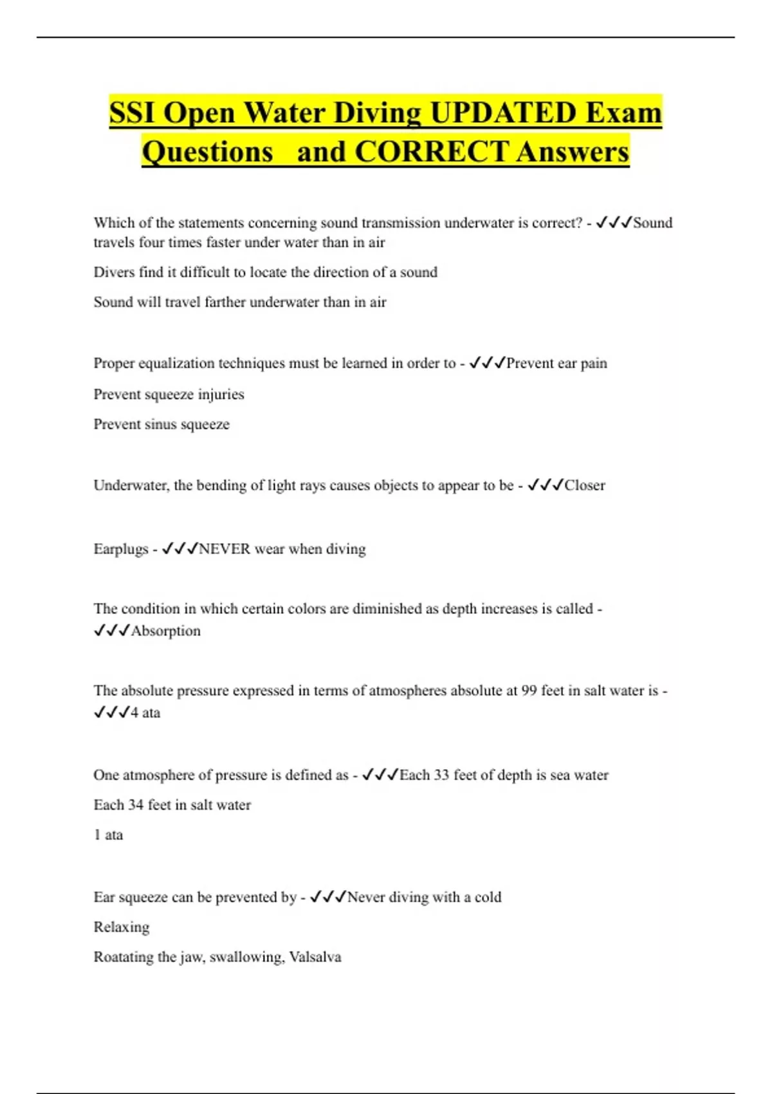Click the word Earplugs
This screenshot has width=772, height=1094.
click(x=121, y=549)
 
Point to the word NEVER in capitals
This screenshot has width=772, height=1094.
click(x=225, y=549)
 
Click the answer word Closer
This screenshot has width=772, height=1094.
click(x=584, y=485)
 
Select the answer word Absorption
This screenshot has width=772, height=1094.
click(x=165, y=631)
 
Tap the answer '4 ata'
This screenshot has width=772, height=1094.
click(x=145, y=712)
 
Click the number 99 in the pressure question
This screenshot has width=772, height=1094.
click(x=529, y=691)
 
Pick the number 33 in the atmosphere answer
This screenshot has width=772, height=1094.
click(x=441, y=775)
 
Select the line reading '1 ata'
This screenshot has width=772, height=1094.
click(x=108, y=835)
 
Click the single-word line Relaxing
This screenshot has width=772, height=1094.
click(x=122, y=927)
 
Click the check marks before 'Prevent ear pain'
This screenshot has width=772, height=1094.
click(x=487, y=363)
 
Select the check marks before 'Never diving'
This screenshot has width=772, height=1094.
click(x=327, y=897)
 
